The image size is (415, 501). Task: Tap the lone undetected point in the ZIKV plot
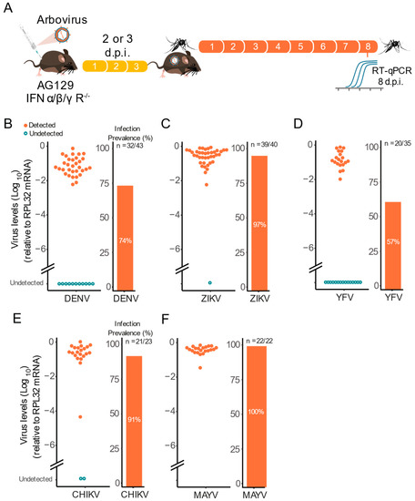coord(210,283)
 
